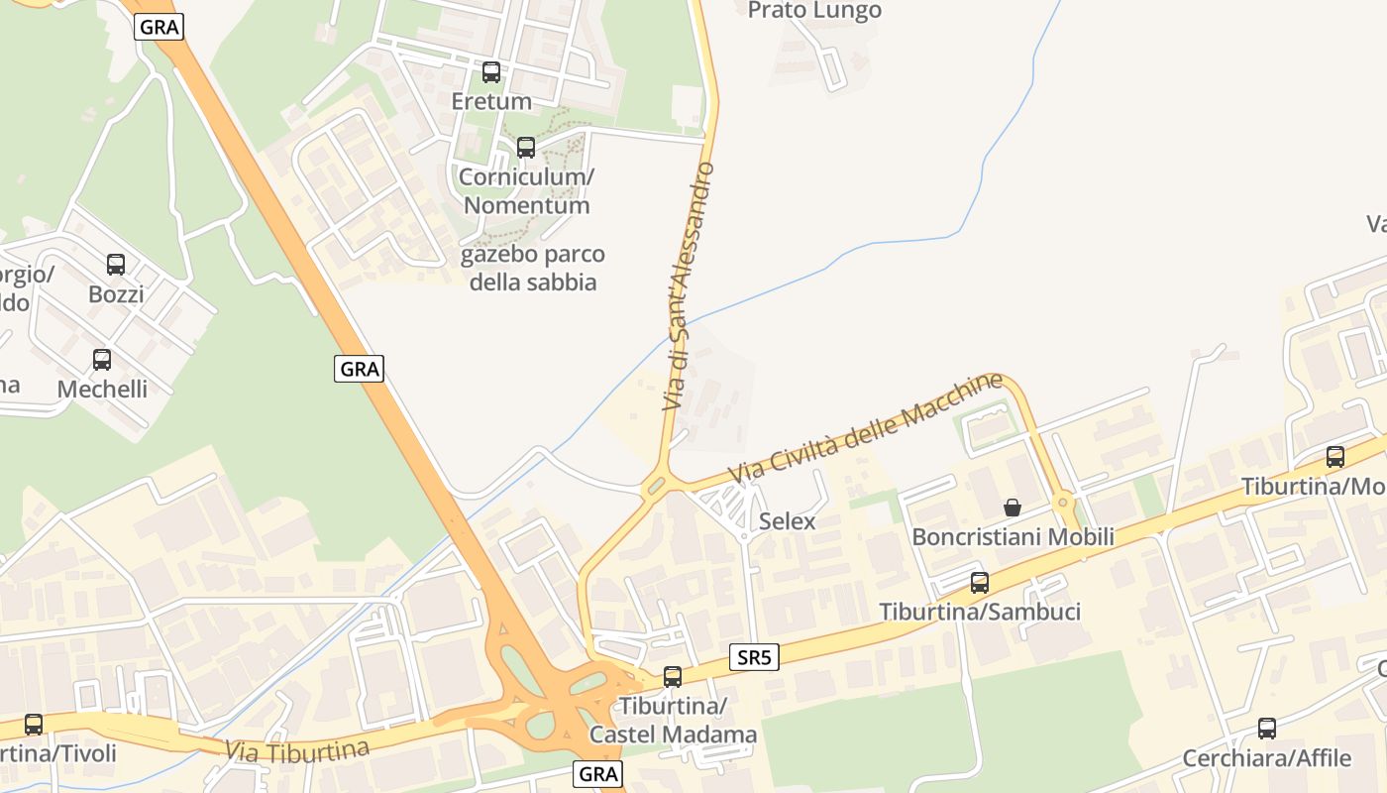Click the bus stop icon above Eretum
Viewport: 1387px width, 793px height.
coord(491,72)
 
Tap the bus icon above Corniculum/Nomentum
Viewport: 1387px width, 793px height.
coord(526,148)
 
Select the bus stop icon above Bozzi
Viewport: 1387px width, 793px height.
coord(116,265)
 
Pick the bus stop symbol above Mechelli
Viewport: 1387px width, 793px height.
coord(102,360)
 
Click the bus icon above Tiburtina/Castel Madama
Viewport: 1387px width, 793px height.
coord(673,677)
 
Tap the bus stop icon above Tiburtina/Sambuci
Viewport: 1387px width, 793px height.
coord(980,583)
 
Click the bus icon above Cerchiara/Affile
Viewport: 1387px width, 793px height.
coord(1267,729)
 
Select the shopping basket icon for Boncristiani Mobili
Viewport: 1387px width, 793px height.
coord(1013,508)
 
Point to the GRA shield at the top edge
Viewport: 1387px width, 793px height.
coord(160,27)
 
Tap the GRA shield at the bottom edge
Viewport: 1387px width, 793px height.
coord(598,774)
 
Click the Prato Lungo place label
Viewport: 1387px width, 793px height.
coord(814,11)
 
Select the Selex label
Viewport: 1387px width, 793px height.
coord(788,521)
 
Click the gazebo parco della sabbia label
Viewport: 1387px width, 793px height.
coord(533,269)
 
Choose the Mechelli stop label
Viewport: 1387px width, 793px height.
coord(102,389)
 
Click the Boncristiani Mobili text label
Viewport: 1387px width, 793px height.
coord(1013,537)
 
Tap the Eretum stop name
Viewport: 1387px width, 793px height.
coord(491,101)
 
